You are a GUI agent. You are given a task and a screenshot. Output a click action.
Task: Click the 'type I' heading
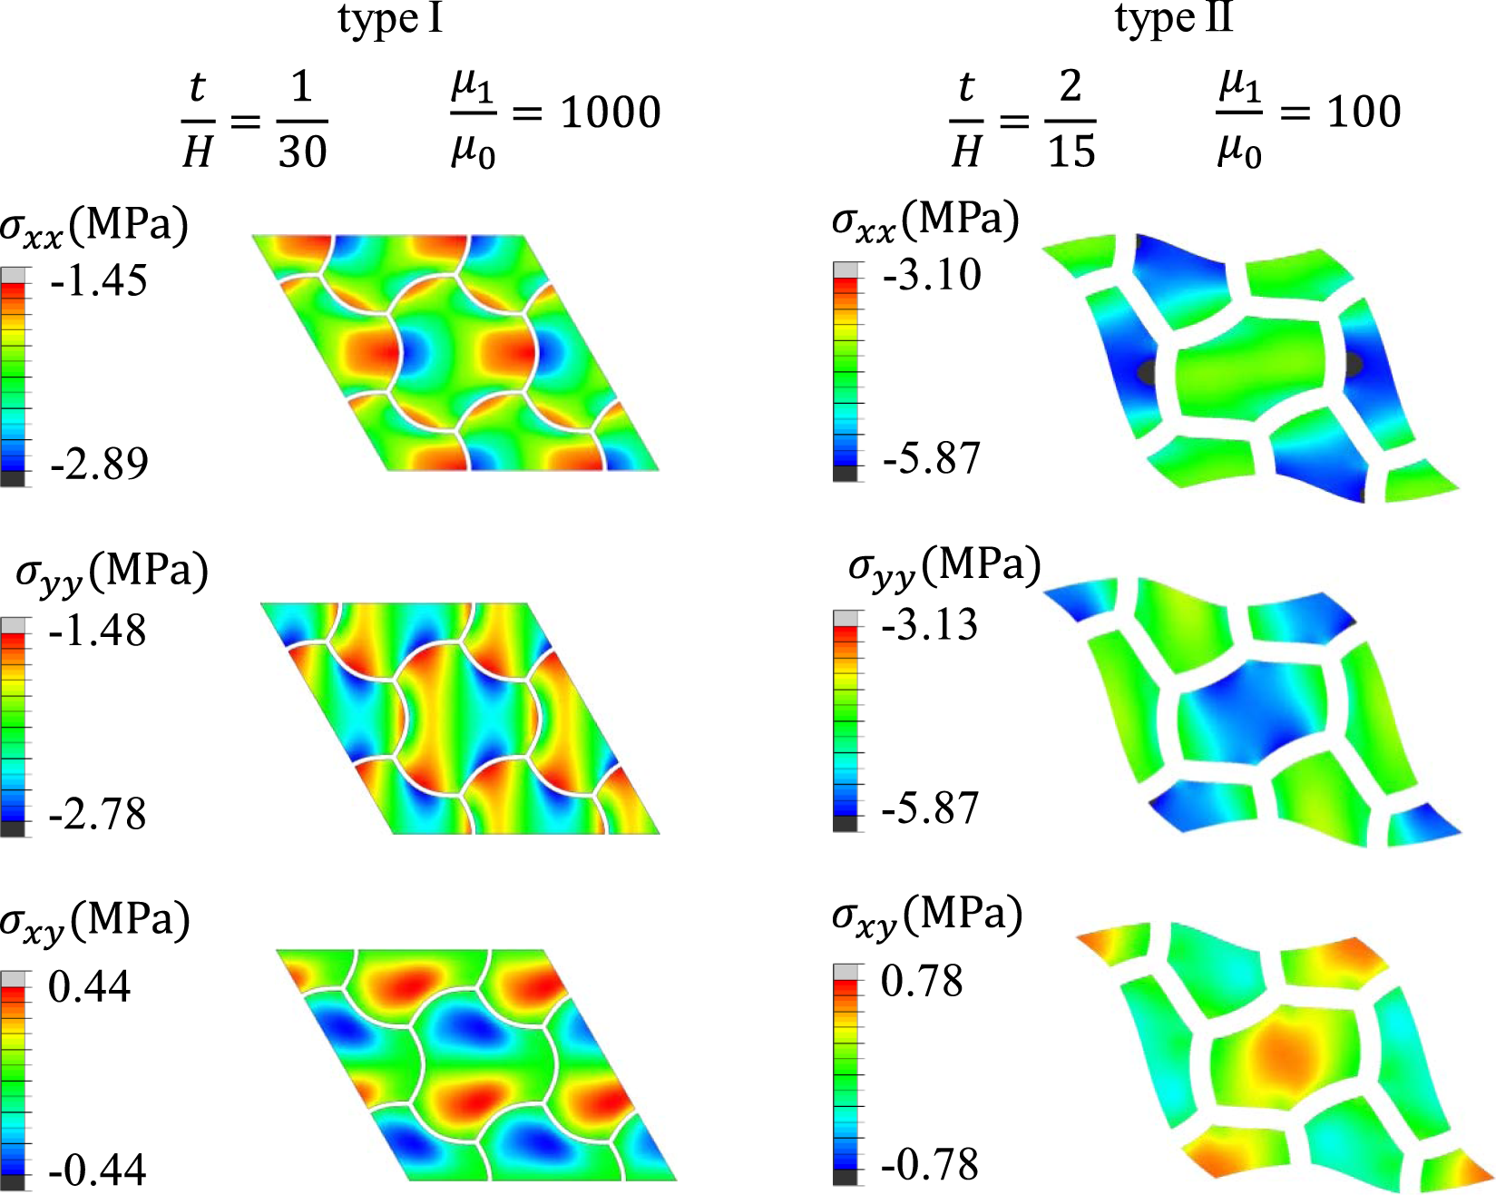(x=390, y=18)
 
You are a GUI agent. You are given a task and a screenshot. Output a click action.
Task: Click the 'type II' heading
(x=1173, y=18)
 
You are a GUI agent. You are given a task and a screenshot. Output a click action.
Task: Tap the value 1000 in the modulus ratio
(x=611, y=113)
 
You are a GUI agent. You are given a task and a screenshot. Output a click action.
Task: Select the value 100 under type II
(x=1364, y=112)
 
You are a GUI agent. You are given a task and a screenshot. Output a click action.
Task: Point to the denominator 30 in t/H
(x=301, y=151)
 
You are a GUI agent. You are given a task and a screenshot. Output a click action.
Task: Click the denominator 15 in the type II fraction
(x=1071, y=151)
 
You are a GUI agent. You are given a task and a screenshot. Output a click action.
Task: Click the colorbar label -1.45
(x=99, y=281)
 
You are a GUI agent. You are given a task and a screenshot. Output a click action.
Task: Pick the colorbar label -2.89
(x=99, y=464)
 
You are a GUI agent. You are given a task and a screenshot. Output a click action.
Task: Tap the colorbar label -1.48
(x=97, y=631)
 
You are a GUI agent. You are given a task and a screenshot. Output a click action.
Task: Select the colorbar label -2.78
(x=97, y=814)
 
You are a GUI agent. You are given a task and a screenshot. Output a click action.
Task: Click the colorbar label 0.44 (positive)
(x=89, y=986)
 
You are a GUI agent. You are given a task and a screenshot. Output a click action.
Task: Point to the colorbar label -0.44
(x=97, y=1171)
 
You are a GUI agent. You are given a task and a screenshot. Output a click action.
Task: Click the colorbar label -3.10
(x=932, y=275)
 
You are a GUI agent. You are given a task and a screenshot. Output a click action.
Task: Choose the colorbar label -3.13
(x=930, y=625)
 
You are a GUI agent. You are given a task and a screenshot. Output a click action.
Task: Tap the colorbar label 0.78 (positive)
(x=922, y=982)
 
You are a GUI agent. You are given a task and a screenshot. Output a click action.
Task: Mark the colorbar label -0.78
(x=930, y=1165)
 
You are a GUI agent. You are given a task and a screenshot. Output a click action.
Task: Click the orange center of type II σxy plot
(x=1281, y=1053)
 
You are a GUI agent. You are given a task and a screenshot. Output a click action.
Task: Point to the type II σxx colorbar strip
(x=846, y=372)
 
